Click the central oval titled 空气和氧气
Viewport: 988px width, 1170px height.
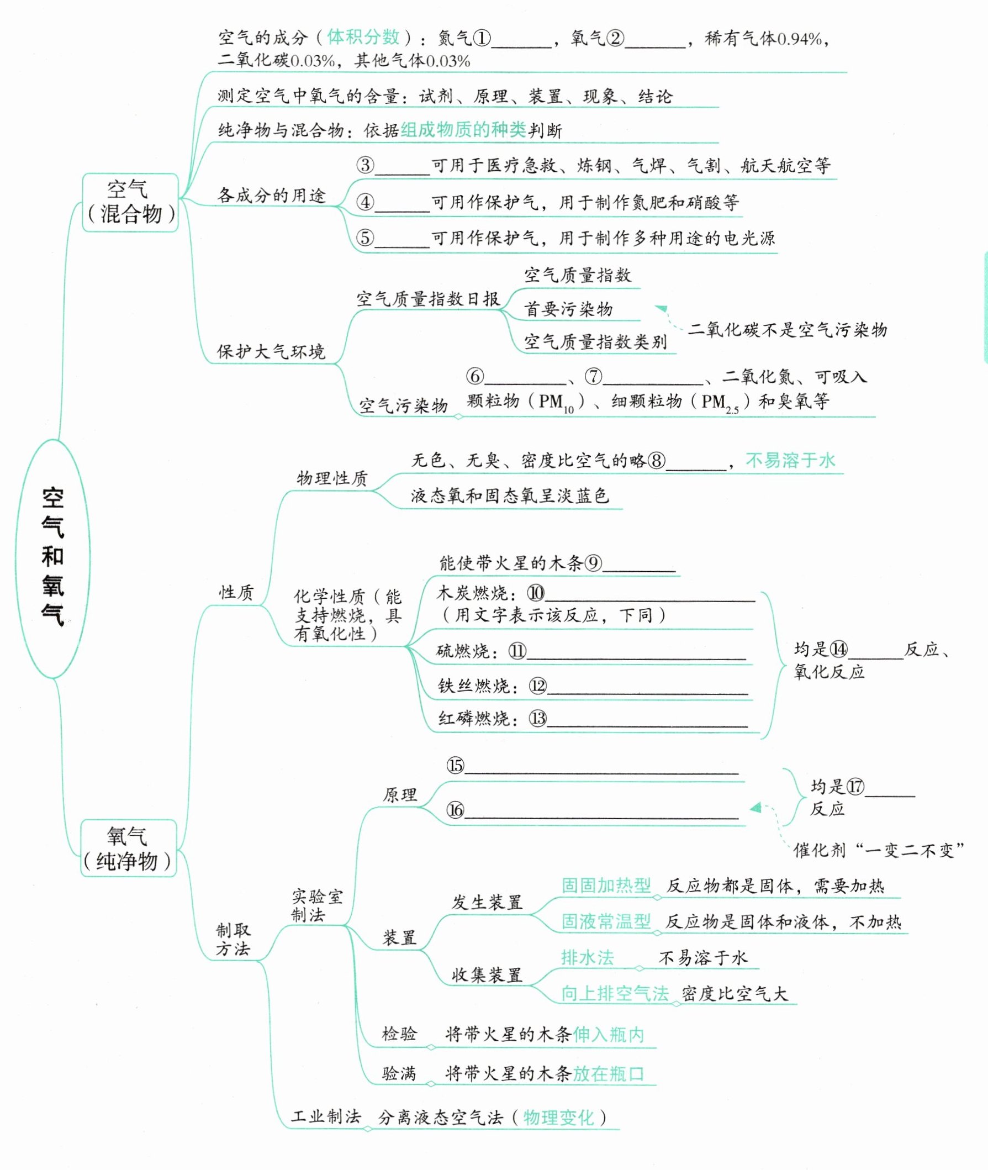pyautogui.click(x=52, y=557)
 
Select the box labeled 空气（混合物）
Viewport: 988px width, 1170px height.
pyautogui.click(x=130, y=202)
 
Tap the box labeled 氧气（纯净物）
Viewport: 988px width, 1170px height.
pyautogui.click(x=128, y=848)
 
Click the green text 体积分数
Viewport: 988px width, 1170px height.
pyautogui.click(x=363, y=38)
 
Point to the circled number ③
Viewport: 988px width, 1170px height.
pyautogui.click(x=365, y=165)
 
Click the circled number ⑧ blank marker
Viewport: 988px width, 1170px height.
pyautogui.click(x=657, y=461)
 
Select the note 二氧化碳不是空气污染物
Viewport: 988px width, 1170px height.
pyautogui.click(x=787, y=329)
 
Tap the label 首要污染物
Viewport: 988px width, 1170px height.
pyautogui.click(x=568, y=309)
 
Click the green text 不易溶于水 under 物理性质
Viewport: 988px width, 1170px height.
pyautogui.click(x=790, y=461)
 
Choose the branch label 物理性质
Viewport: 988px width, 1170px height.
pyautogui.click(x=331, y=478)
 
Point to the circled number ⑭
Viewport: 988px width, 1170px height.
pyautogui.click(x=838, y=650)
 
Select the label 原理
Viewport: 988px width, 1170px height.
pyautogui.click(x=399, y=794)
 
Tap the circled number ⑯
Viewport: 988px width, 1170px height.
pyautogui.click(x=456, y=810)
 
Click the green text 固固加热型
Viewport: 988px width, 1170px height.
pyautogui.click(x=606, y=886)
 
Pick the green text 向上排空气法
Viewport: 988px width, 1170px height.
pyautogui.click(x=615, y=993)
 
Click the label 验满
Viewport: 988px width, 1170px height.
pyautogui.click(x=399, y=1074)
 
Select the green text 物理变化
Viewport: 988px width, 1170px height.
pyautogui.click(x=558, y=1118)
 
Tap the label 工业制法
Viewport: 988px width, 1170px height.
pyautogui.click(x=325, y=1116)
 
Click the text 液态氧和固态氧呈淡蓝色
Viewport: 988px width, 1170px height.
pyautogui.click(x=509, y=496)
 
